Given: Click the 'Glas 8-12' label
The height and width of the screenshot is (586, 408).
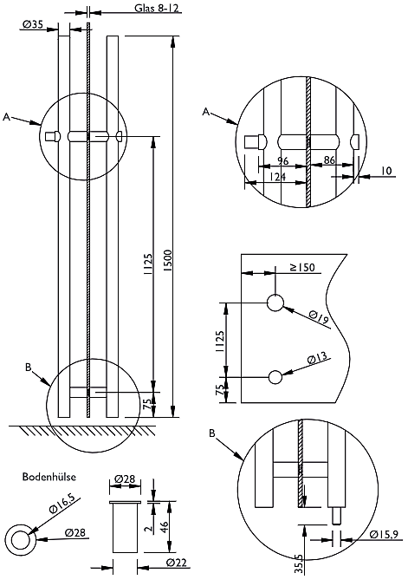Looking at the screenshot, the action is pyautogui.click(x=156, y=8).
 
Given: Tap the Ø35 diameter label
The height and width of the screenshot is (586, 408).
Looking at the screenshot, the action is pyautogui.click(x=33, y=24).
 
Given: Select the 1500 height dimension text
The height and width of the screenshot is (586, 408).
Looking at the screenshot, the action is pyautogui.click(x=168, y=260).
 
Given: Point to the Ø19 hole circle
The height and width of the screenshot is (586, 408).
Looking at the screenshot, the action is pyautogui.click(x=275, y=303).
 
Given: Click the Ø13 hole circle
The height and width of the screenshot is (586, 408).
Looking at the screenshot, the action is pyautogui.click(x=275, y=377).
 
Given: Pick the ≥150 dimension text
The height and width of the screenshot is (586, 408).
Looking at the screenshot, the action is pyautogui.click(x=302, y=268).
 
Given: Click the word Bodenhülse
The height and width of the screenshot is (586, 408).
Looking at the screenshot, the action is pyautogui.click(x=49, y=477).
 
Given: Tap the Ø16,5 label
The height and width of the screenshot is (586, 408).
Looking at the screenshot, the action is pyautogui.click(x=62, y=503).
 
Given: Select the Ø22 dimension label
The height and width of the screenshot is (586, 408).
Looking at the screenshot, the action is pyautogui.click(x=177, y=562).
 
